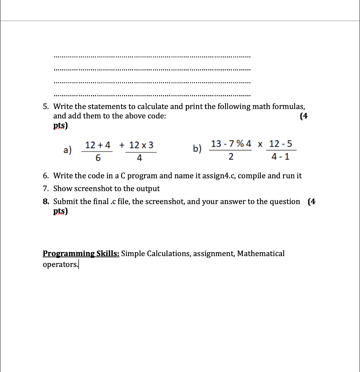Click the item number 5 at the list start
pyautogui.click(x=45, y=107)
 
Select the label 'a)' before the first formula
pyautogui.click(x=68, y=150)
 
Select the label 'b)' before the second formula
pyautogui.click(x=197, y=149)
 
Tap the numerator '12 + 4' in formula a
pyautogui.click(x=97, y=145)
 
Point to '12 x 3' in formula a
pyautogui.click(x=141, y=145)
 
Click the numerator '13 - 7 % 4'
pyautogui.click(x=231, y=143)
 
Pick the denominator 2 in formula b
pyautogui.click(x=231, y=157)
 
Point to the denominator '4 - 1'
pyautogui.click(x=281, y=157)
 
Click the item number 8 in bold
pyautogui.click(x=45, y=202)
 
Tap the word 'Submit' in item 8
pyautogui.click(x=66, y=202)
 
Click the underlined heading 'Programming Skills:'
pyautogui.click(x=81, y=254)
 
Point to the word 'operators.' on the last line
pyautogui.click(x=60, y=264)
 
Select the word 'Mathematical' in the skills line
pyautogui.click(x=261, y=254)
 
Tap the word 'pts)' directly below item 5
pyautogui.click(x=60, y=126)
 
